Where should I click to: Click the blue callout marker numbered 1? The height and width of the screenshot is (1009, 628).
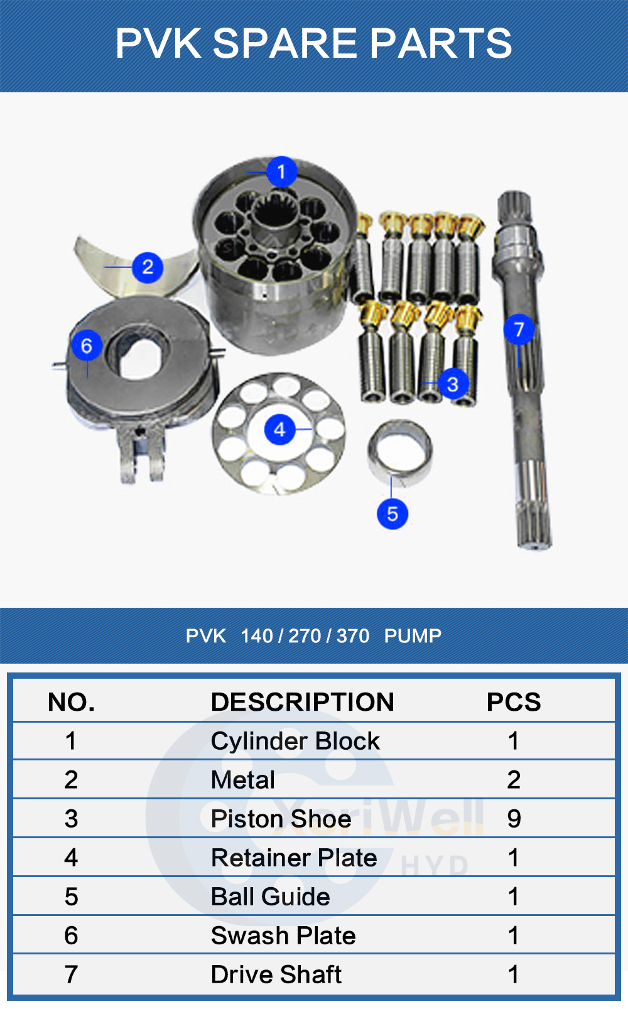pyautogui.click(x=281, y=171)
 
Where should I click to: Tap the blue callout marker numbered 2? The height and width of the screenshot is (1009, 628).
pyautogui.click(x=148, y=267)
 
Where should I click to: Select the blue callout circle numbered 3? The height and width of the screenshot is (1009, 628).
pyautogui.click(x=453, y=384)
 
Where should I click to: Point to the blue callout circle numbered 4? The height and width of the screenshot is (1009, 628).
pyautogui.click(x=279, y=429)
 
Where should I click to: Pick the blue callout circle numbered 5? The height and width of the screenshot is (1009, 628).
pyautogui.click(x=392, y=514)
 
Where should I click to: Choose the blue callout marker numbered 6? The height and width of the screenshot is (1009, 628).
pyautogui.click(x=87, y=346)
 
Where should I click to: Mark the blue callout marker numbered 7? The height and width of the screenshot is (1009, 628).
pyautogui.click(x=519, y=330)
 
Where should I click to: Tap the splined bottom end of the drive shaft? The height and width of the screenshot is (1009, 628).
pyautogui.click(x=535, y=526)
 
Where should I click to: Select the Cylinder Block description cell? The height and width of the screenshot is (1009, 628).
pyautogui.click(x=295, y=742)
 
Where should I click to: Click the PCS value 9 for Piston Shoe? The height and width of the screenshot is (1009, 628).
pyautogui.click(x=514, y=819)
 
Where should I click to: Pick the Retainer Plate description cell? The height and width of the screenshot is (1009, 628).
pyautogui.click(x=294, y=858)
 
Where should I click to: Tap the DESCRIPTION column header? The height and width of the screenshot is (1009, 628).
pyautogui.click(x=302, y=702)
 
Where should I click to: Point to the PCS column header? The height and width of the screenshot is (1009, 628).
pyautogui.click(x=514, y=702)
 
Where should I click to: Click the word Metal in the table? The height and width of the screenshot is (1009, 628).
pyautogui.click(x=243, y=780)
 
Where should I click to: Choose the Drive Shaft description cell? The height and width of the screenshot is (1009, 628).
pyautogui.click(x=276, y=974)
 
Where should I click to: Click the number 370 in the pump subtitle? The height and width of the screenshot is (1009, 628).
pyautogui.click(x=353, y=636)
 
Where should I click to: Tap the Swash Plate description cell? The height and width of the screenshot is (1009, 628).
pyautogui.click(x=283, y=936)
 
